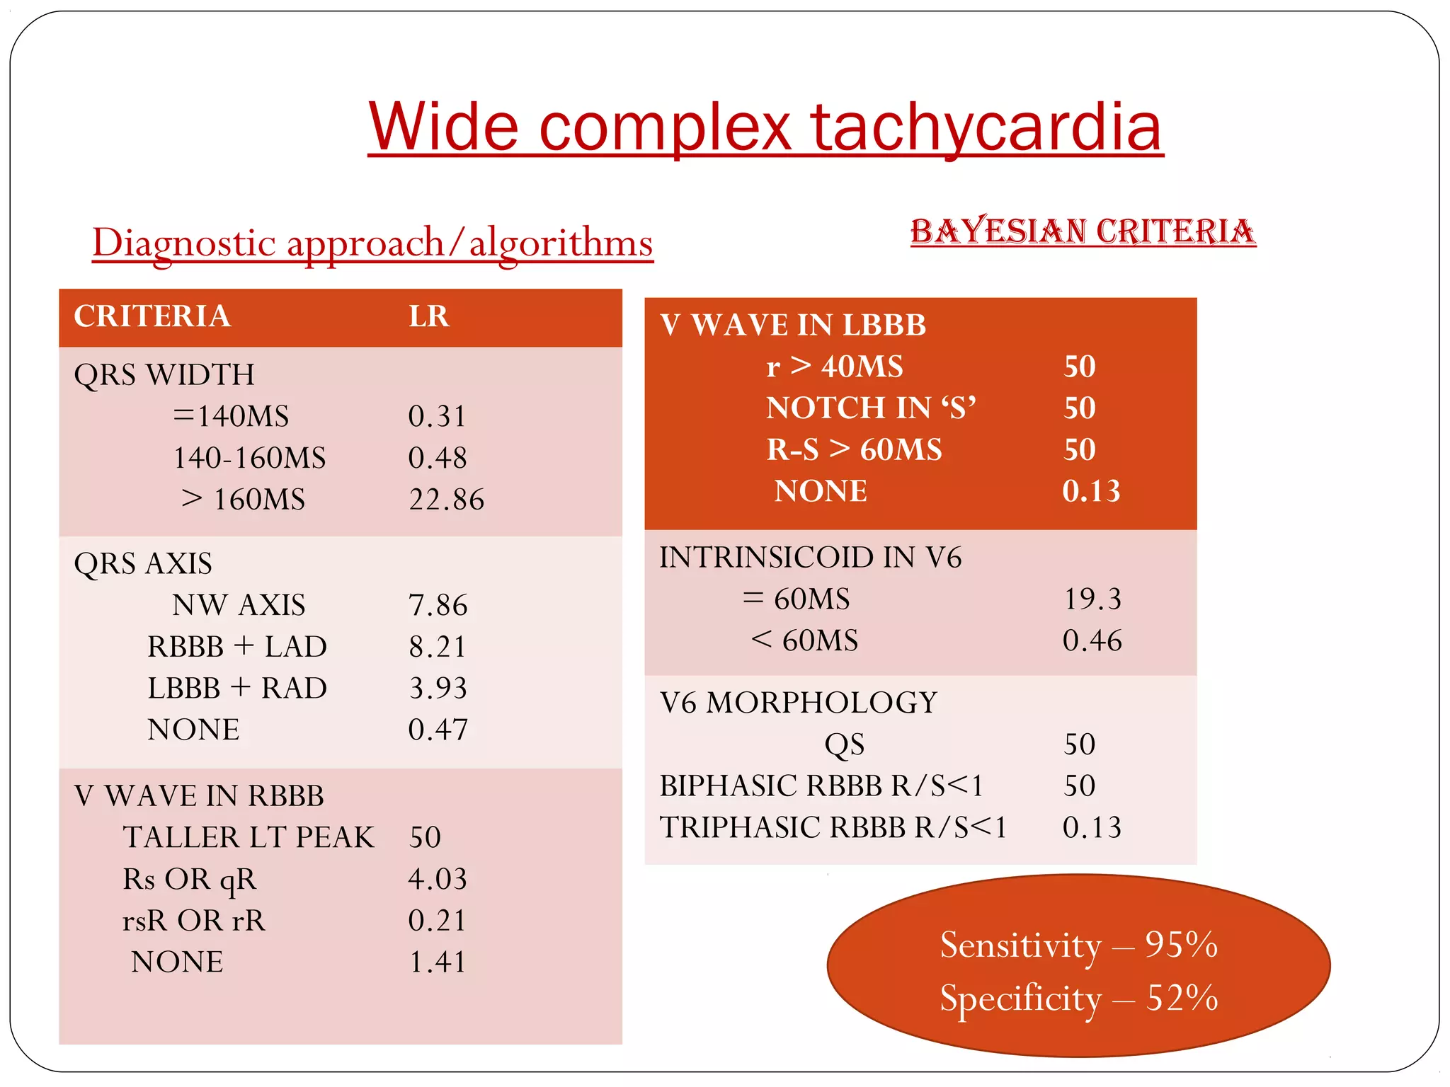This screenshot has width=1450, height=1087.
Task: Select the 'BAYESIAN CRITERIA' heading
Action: (1083, 231)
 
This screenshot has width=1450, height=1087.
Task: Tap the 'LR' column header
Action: (429, 316)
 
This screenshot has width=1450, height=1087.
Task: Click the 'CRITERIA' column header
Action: (152, 316)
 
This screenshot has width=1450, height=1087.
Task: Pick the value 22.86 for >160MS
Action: (447, 500)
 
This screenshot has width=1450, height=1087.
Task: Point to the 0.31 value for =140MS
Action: (438, 416)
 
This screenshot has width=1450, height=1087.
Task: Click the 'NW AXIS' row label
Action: (239, 605)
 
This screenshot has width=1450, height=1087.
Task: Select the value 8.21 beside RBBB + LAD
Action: (438, 647)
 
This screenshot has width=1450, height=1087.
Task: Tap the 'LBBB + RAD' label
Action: (237, 688)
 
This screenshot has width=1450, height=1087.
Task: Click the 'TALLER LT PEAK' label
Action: (248, 837)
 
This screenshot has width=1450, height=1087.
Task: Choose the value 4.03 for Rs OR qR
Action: (438, 879)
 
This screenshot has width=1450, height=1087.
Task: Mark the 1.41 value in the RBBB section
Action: (438, 962)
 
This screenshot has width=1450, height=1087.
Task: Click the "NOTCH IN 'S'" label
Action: (871, 408)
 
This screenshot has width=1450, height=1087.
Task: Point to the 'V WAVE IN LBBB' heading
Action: (793, 326)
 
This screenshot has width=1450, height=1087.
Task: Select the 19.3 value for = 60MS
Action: (1092, 599)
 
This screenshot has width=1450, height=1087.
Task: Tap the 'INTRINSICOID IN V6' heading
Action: (811, 558)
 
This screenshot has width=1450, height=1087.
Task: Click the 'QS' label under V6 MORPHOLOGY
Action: (844, 744)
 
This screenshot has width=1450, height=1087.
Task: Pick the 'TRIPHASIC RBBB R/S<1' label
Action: (833, 827)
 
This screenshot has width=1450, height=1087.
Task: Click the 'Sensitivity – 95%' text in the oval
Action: (1078, 945)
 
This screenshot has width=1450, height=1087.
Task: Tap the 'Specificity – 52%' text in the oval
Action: (1078, 999)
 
